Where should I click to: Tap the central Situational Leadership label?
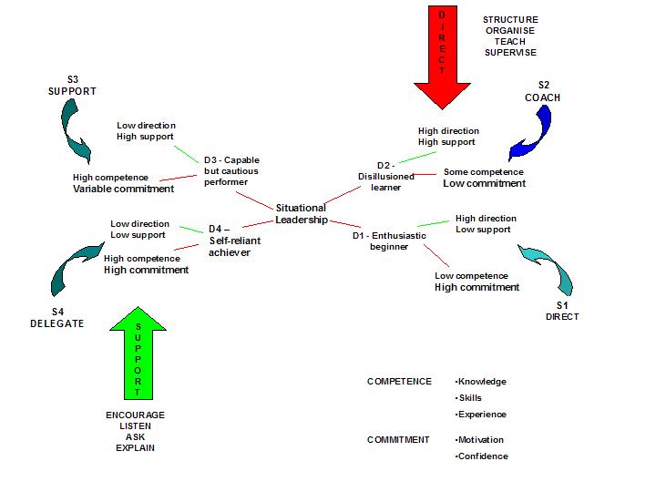click(301, 214)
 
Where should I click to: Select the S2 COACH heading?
click(543, 91)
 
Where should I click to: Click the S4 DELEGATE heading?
click(56, 318)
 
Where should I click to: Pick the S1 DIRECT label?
click(562, 311)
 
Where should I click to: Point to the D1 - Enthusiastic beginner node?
click(389, 241)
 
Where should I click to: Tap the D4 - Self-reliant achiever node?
click(228, 241)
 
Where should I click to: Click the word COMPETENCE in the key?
click(399, 382)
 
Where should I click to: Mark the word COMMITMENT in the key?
click(398, 440)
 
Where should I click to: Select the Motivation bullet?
click(482, 440)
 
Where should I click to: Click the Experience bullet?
click(482, 415)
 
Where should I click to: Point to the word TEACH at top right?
click(511, 41)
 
